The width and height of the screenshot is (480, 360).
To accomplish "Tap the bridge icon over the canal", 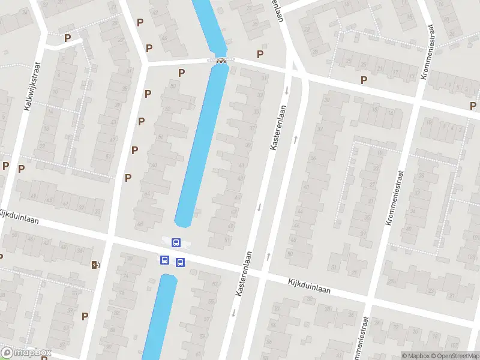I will click(221, 60).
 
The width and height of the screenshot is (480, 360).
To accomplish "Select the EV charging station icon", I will click(95, 265).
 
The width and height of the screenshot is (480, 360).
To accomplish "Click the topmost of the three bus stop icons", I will click(176, 243).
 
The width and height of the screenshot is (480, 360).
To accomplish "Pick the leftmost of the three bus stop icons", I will click(164, 260).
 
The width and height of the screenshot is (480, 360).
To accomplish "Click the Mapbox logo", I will click(26, 352).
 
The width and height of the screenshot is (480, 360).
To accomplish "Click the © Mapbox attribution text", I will click(416, 356).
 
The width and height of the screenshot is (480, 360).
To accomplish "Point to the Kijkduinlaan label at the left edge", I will click(19, 220).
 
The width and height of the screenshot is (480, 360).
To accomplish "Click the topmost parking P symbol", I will click(140, 22).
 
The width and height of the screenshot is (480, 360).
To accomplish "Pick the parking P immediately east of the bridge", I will click(260, 54).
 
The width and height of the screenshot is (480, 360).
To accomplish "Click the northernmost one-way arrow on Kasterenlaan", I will click(287, 91).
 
